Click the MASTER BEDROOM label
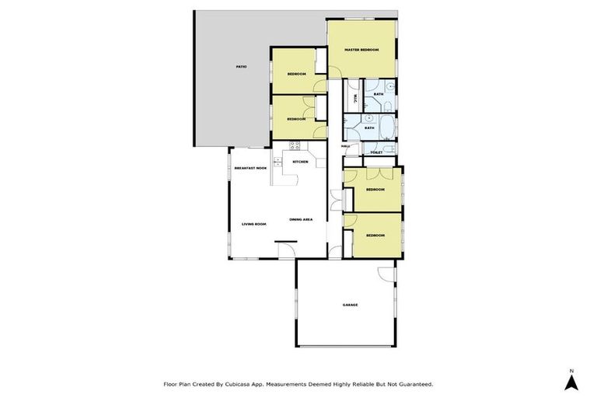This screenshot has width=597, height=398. click(361, 50)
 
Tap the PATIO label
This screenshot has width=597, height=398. click(242, 67)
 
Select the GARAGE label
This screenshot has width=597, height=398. click(350, 305)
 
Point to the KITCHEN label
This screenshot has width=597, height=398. click(300, 162)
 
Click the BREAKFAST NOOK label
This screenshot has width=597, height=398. click(250, 168)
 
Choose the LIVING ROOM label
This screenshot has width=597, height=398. click(254, 224)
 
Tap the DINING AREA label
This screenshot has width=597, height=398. click(301, 220)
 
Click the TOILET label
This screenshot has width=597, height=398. click(376, 152)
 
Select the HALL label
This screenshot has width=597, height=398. click(345, 145)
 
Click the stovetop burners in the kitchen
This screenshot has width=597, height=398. click(295, 145)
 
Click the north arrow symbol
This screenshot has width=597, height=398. click(571, 382)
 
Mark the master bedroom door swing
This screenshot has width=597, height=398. click(336, 73)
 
